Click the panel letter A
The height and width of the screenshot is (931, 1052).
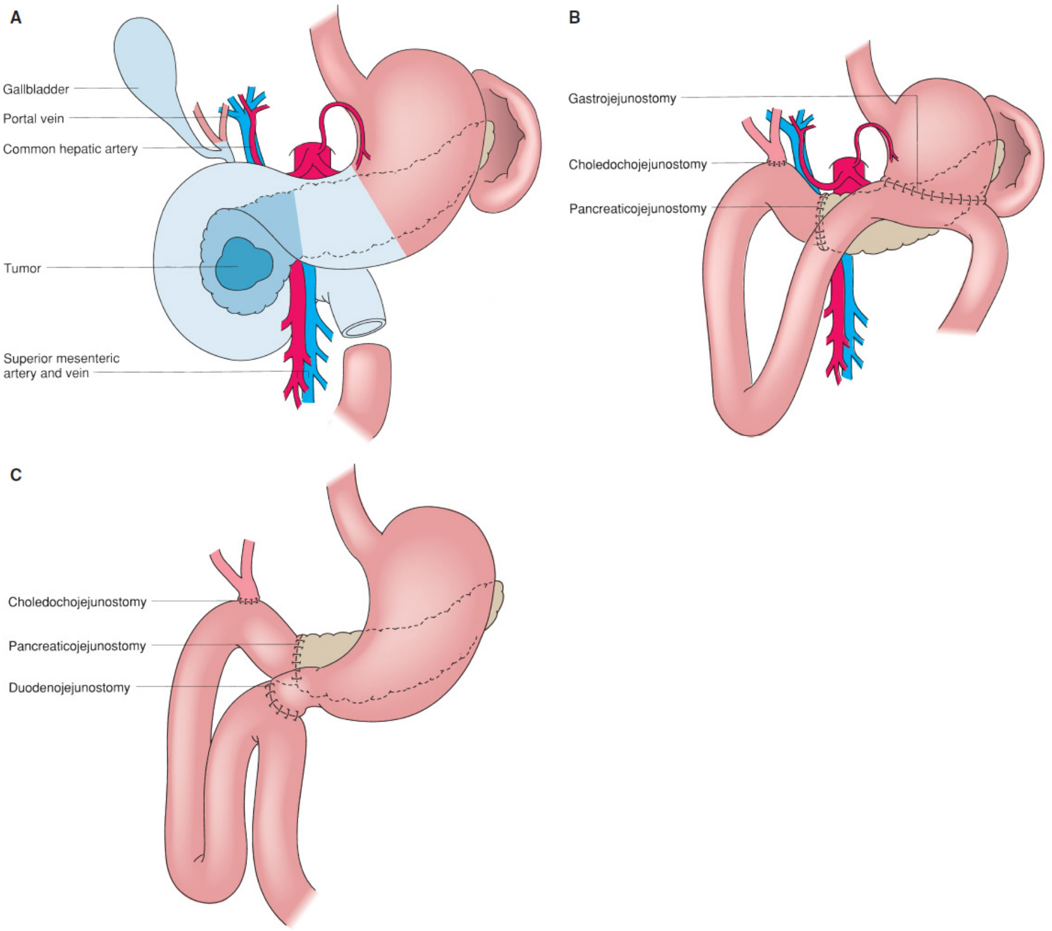(16, 18)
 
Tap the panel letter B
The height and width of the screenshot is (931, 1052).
(574, 18)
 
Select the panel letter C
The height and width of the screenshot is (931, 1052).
(16, 474)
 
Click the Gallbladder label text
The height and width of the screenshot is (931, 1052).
(36, 89)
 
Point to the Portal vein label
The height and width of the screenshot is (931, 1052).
(34, 118)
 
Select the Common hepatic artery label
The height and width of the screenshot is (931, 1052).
(71, 149)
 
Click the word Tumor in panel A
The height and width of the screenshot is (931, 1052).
(22, 268)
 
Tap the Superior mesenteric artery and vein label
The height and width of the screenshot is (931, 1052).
(61, 366)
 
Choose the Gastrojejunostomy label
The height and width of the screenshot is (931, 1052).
(622, 99)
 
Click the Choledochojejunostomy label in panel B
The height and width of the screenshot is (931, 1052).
(638, 165)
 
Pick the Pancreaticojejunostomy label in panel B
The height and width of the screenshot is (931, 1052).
(638, 209)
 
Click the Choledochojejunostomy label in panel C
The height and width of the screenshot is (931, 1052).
(77, 602)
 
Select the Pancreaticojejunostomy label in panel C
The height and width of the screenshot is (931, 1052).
(77, 646)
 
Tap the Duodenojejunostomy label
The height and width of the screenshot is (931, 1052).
(69, 687)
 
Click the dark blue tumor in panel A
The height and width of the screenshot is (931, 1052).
(244, 264)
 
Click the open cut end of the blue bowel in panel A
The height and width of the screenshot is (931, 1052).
(364, 329)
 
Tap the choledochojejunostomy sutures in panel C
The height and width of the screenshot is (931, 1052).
(249, 601)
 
